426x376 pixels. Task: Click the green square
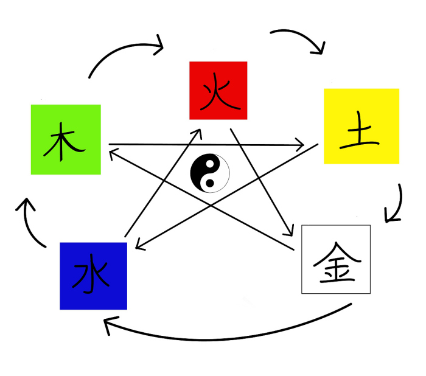pyautogui.click(x=66, y=139)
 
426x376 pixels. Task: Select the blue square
pyautogui.click(x=93, y=276)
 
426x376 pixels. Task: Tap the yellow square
pyautogui.click(x=361, y=126)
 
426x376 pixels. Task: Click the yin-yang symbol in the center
pyautogui.click(x=210, y=173)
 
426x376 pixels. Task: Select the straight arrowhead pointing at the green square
pyautogui.click(x=113, y=155)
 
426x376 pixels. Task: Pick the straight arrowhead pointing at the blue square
pyautogui.click(x=139, y=246)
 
